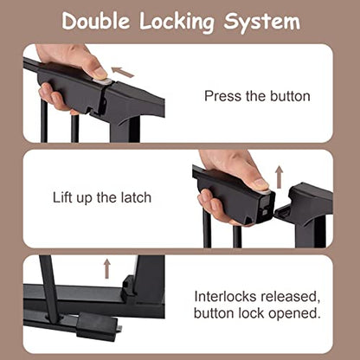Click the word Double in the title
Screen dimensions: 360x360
click(96, 21)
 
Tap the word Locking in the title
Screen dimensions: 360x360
click(177, 22)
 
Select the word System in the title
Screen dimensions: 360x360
click(262, 22)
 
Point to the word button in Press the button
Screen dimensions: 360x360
click(290, 96)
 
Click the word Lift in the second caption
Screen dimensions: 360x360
click(62, 197)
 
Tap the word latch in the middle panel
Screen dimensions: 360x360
click(136, 197)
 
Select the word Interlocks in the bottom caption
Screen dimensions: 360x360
click(225, 297)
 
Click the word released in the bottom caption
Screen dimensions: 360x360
click(290, 298)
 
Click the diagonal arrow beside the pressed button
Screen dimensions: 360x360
click(123, 73)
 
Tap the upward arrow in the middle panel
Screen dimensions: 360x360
click(279, 177)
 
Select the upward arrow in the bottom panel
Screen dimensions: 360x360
click(107, 268)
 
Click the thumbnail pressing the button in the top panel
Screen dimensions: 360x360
click(100, 74)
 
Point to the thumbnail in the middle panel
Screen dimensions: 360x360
click(260, 183)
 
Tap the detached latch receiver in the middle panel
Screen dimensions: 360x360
click(304, 207)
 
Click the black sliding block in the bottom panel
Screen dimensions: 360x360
click(97, 326)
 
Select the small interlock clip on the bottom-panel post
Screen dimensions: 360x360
click(128, 287)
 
